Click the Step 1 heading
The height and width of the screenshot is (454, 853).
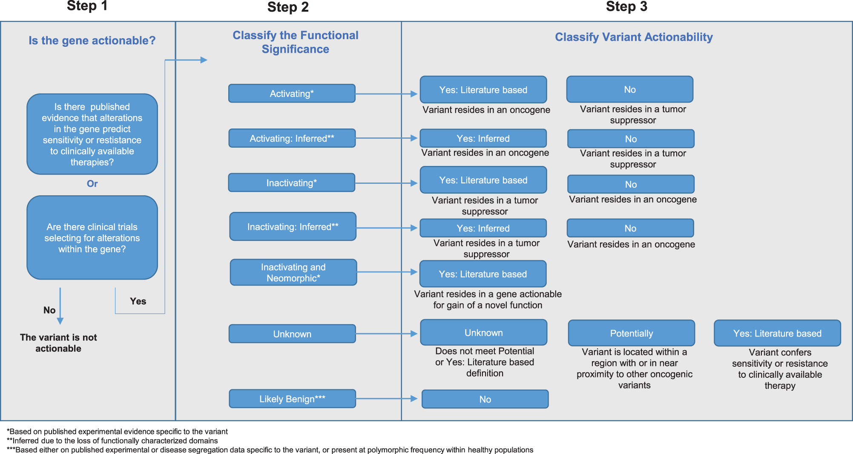87,6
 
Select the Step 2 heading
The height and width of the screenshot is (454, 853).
288,7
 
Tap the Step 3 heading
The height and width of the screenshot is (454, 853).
626,6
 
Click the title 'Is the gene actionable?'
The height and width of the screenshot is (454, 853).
92,40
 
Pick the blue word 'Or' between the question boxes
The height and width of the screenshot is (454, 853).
92,183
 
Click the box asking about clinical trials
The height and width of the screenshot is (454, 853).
92,237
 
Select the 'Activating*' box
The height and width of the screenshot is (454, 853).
292,94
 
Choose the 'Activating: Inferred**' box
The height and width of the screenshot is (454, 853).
292,138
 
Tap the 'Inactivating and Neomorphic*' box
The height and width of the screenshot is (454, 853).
293,272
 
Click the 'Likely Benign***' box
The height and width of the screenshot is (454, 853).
292,399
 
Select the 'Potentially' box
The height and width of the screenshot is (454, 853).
631,333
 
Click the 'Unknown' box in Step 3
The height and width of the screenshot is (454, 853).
483,333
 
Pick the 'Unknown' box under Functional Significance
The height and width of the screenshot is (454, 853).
292,334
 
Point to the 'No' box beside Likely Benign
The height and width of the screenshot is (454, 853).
485,399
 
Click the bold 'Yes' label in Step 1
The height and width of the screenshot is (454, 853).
138,301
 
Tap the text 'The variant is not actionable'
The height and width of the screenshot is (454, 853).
58,343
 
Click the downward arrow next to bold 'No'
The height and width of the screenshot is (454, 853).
60,306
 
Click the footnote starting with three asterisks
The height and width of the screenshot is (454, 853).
270,450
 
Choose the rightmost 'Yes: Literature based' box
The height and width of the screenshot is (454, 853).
777,333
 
